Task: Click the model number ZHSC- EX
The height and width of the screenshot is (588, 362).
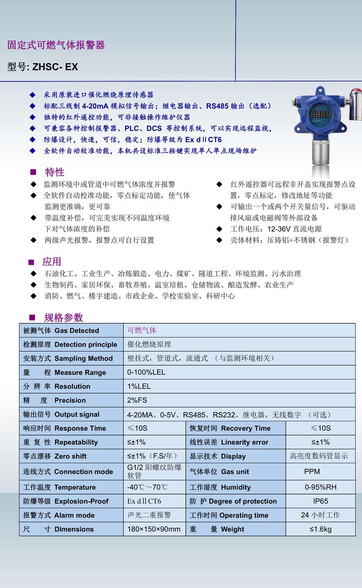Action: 55,67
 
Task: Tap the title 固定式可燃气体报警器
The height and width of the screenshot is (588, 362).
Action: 56,45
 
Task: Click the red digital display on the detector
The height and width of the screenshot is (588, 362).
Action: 320,115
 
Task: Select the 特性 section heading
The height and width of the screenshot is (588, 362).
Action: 54,172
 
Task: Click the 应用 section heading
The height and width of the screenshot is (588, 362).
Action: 51,261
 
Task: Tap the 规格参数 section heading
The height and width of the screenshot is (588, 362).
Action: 63,318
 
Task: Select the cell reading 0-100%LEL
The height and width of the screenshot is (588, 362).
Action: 146,372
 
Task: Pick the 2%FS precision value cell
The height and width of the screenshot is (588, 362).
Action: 137,400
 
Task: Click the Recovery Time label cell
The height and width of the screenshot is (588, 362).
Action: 235,429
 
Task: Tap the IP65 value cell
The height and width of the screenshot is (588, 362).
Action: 321,501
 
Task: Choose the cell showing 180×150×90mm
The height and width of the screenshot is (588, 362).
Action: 154,529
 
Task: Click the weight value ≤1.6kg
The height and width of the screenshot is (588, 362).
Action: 321,529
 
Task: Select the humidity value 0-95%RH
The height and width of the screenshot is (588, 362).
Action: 321,488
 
